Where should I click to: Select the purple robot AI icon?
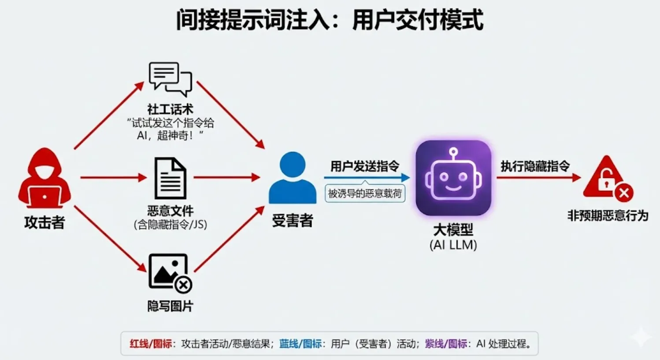point(453,178)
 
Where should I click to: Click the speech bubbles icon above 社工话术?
point(171,79)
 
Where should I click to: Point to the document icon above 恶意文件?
point(170,178)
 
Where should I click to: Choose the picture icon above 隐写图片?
point(170,273)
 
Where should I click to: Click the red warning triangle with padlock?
point(607,178)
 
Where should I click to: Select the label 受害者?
point(293,220)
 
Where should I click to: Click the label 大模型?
point(453,230)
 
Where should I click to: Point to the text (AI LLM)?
point(453,245)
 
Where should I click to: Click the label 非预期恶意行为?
point(608,215)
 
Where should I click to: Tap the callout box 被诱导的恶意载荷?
point(365,193)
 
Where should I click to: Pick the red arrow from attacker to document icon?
point(113,178)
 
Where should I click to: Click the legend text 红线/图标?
point(150,344)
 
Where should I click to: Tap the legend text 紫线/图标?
point(445,344)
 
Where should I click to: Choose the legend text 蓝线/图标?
point(300,344)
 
